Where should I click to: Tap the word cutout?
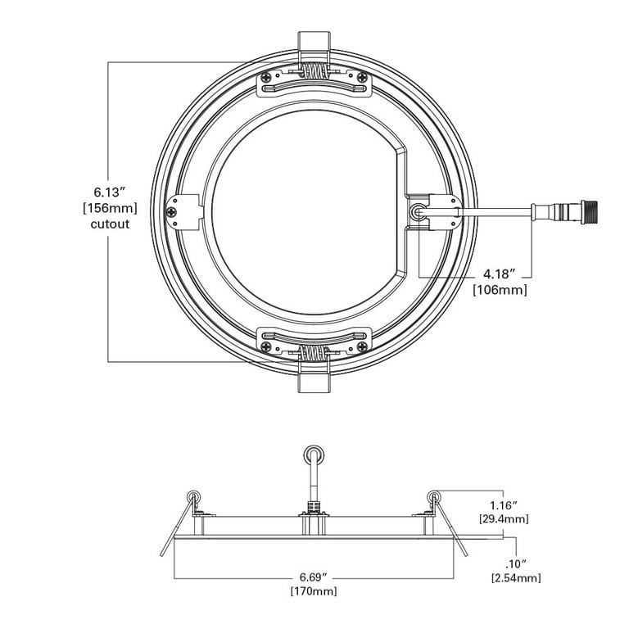pyautogui.click(x=109, y=223)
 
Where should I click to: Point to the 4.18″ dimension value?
pyautogui.click(x=500, y=274)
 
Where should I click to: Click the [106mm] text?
pyautogui.click(x=500, y=289)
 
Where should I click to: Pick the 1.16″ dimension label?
pyautogui.click(x=504, y=505)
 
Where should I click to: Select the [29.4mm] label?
pyautogui.click(x=504, y=519)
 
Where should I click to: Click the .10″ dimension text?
pyautogui.click(x=515, y=563)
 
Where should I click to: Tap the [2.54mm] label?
pyautogui.click(x=515, y=578)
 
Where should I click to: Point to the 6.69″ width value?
pyautogui.click(x=314, y=576)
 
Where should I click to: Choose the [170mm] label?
pyautogui.click(x=314, y=591)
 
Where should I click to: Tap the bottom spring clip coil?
pyautogui.click(x=314, y=354)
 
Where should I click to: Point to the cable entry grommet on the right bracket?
pyautogui.click(x=418, y=211)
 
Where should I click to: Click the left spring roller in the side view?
pyautogui.click(x=194, y=496)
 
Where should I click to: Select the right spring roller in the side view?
pyautogui.click(x=433, y=496)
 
